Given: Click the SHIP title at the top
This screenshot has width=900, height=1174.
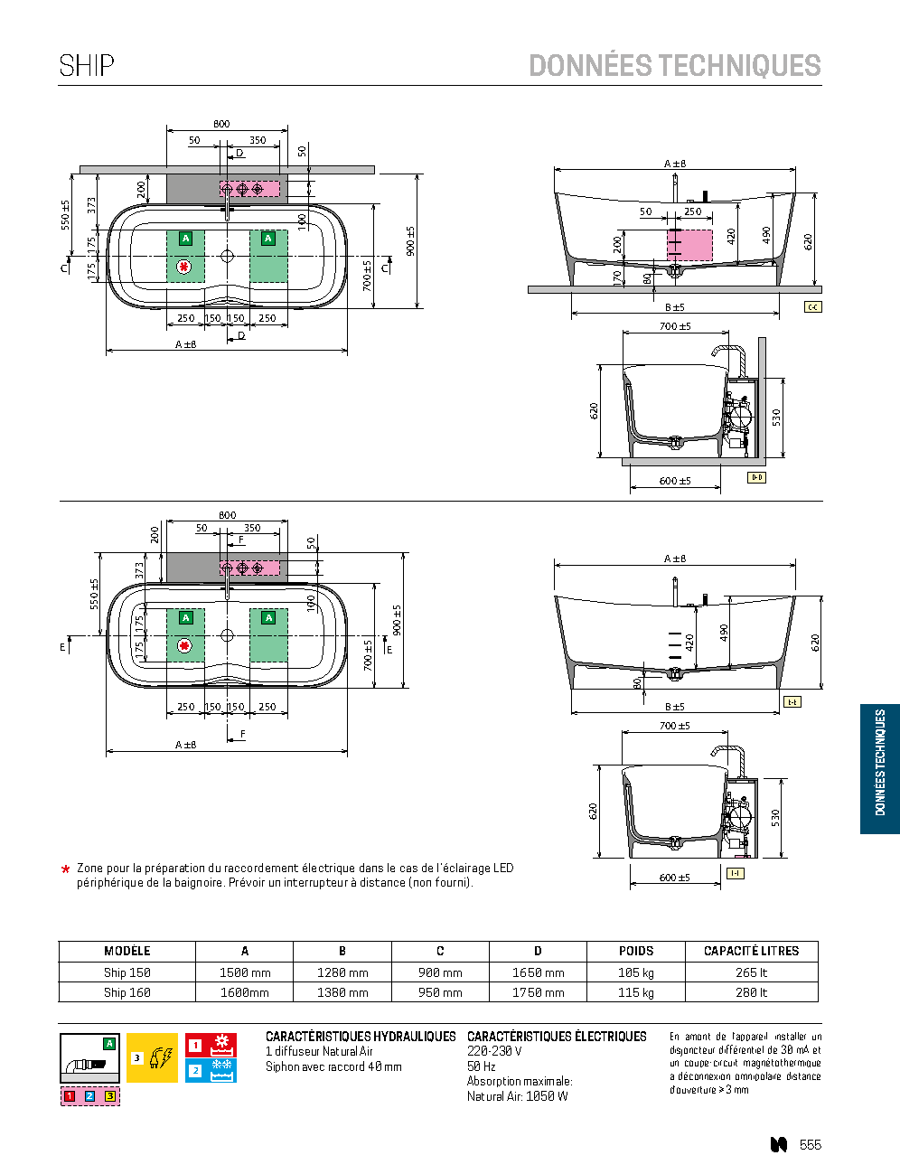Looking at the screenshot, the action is (87, 66).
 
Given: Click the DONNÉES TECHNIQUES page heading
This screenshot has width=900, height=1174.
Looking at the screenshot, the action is (675, 65).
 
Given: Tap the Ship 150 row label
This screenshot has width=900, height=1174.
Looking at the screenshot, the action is (127, 972).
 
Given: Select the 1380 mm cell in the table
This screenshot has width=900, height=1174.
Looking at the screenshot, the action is (342, 992).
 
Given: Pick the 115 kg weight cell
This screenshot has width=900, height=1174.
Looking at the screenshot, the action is (636, 992).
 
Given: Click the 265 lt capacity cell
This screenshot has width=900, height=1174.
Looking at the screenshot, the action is (751, 972).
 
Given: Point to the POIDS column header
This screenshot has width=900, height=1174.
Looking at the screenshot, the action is (636, 951).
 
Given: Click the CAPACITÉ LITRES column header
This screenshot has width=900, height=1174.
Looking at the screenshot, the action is (751, 951).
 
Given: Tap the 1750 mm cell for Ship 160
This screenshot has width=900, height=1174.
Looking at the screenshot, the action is (538, 992).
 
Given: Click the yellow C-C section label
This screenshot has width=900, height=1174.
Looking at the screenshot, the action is (812, 307).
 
